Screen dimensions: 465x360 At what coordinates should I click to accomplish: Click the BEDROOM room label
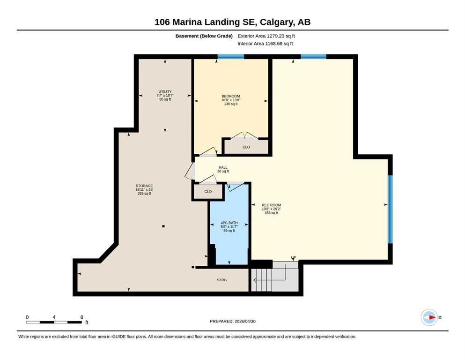231,96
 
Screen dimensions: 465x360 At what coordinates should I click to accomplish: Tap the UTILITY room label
165,92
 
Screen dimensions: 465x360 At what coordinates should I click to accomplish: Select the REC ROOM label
271,205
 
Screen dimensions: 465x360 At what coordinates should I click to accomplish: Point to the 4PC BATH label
229,223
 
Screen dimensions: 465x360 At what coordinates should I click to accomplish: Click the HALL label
223,167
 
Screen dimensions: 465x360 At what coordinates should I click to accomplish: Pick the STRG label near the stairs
222,280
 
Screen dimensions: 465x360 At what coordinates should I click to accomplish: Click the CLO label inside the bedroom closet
246,147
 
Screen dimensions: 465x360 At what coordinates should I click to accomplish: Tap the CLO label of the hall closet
208,191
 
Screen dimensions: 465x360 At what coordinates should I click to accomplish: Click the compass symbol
429,317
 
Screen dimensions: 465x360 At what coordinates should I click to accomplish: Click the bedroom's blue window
231,57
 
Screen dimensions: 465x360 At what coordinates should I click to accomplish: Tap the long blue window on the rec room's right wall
390,209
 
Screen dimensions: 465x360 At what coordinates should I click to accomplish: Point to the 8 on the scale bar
81,317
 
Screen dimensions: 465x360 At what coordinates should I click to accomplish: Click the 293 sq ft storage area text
144,194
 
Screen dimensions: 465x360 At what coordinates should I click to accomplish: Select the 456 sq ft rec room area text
271,213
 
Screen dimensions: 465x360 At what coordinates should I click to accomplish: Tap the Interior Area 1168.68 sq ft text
265,44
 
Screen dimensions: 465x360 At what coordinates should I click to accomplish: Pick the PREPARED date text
232,321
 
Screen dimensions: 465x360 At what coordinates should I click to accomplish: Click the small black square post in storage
163,226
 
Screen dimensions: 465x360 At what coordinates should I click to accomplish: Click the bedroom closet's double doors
244,135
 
